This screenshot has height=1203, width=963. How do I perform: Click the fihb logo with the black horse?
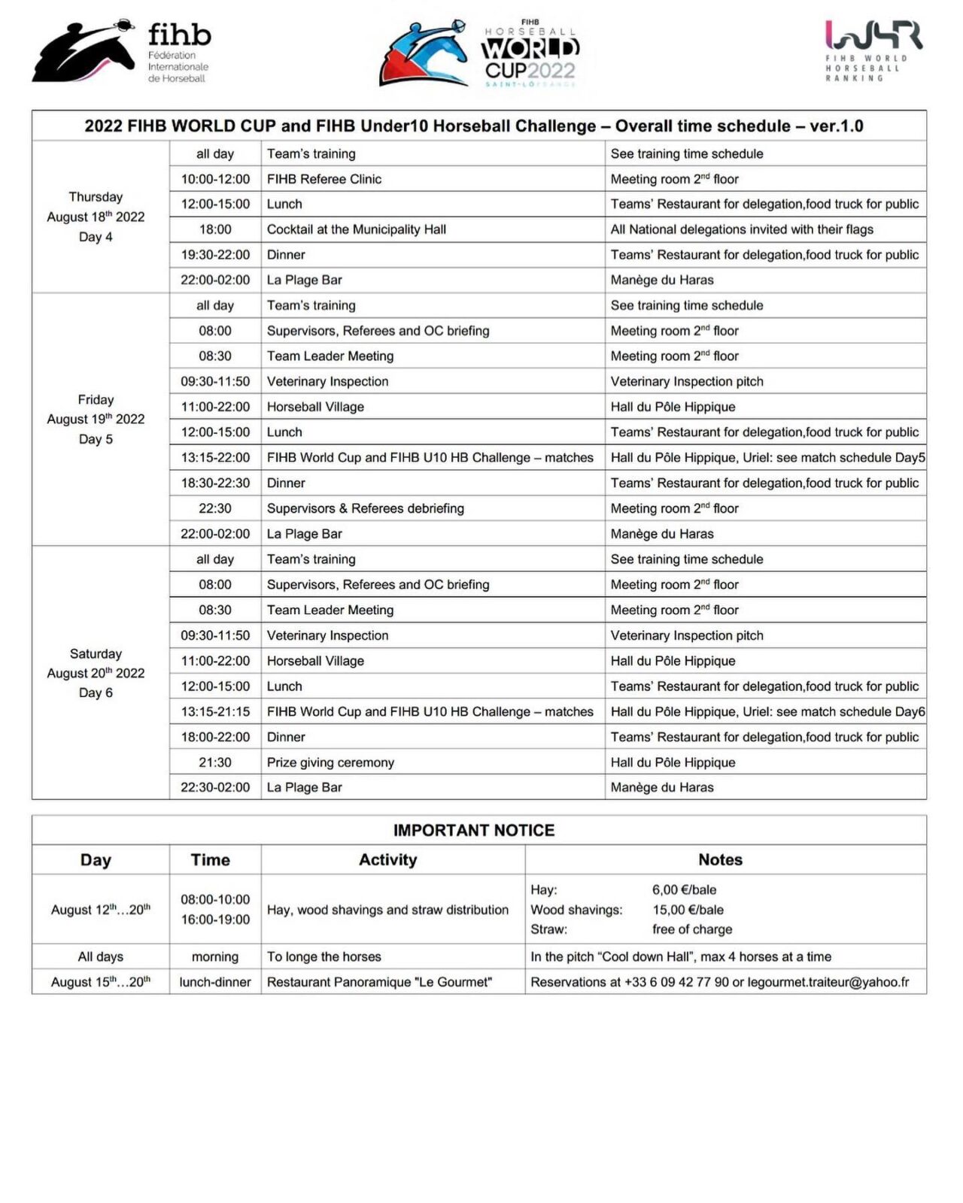pyautogui.click(x=120, y=51)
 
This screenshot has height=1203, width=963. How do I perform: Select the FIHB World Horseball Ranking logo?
pyautogui.click(x=873, y=50)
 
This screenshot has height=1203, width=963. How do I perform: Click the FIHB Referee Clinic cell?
pyautogui.click(x=324, y=179)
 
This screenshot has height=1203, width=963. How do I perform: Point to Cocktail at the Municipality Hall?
pyautogui.click(x=357, y=229)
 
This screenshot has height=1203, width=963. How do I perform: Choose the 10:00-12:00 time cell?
pyautogui.click(x=215, y=179)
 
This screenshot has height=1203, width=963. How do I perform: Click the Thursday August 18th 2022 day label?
pyautogui.click(x=96, y=217)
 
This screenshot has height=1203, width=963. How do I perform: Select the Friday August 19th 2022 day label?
pyautogui.click(x=96, y=419)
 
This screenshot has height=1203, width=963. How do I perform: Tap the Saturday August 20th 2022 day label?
pyautogui.click(x=96, y=673)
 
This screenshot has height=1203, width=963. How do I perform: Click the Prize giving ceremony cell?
pyautogui.click(x=330, y=762)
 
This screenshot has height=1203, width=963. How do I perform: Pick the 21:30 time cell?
pyautogui.click(x=215, y=762)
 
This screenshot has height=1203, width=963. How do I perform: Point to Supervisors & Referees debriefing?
pyautogui.click(x=366, y=508)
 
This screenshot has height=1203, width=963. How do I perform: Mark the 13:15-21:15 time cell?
pyautogui.click(x=215, y=711)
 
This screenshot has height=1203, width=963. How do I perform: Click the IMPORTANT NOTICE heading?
pyautogui.click(x=474, y=830)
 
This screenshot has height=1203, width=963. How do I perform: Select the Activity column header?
pyautogui.click(x=388, y=859)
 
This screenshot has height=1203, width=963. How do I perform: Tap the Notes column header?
pyautogui.click(x=720, y=859)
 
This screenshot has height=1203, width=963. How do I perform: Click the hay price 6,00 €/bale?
pyautogui.click(x=684, y=889)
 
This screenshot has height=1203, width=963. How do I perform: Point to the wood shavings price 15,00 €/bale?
pyautogui.click(x=688, y=910)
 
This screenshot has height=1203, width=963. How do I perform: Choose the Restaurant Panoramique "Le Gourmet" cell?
pyautogui.click(x=379, y=982)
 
